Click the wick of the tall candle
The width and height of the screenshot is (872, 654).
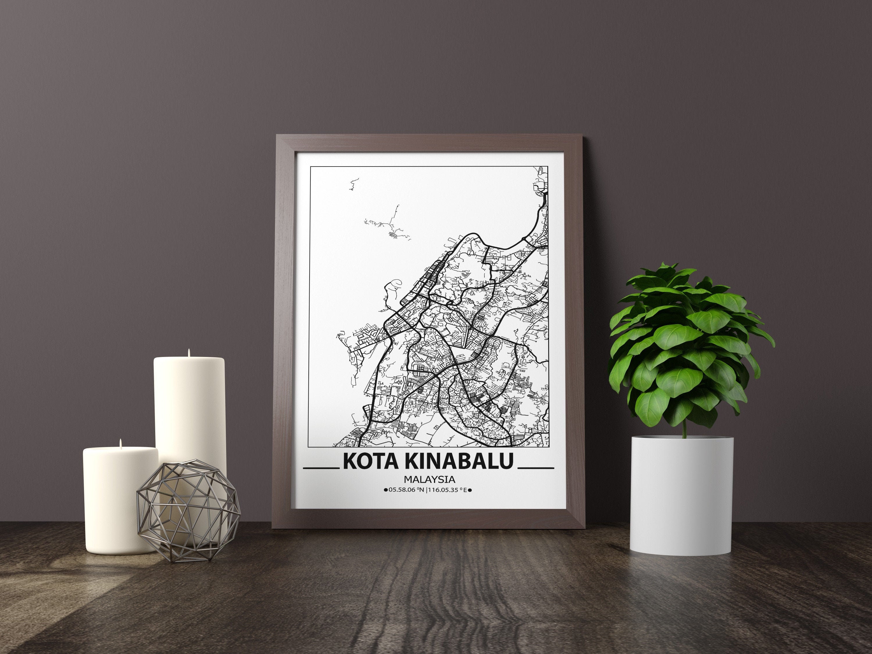189,352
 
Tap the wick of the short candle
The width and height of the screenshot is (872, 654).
120,443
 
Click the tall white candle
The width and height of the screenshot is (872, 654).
189,410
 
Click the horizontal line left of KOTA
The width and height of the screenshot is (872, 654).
321,468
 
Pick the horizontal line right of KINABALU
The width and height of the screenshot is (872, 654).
535,468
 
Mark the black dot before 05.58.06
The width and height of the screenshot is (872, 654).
385,490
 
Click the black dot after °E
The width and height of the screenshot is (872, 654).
470,490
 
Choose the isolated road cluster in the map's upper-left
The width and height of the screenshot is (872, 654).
388,227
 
